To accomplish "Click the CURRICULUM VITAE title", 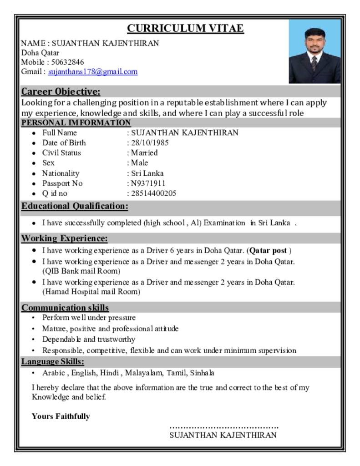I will [x=185, y=29].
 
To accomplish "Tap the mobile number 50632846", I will [x=67, y=62].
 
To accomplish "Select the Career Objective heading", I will [x=61, y=91].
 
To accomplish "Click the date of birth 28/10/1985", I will [x=148, y=142].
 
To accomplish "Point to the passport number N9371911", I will [x=148, y=183].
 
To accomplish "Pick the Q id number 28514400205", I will [x=153, y=193].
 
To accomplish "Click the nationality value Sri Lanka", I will [x=147, y=173].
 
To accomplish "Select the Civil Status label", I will [x=61, y=153].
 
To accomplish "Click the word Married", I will [x=144, y=153].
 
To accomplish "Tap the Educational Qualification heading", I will [x=75, y=206].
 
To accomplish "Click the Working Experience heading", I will [x=65, y=238].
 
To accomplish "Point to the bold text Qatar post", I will [x=269, y=250].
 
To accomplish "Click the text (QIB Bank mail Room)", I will [x=81, y=271].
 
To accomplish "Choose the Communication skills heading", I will [x=65, y=308].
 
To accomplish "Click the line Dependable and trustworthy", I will [x=89, y=339].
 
